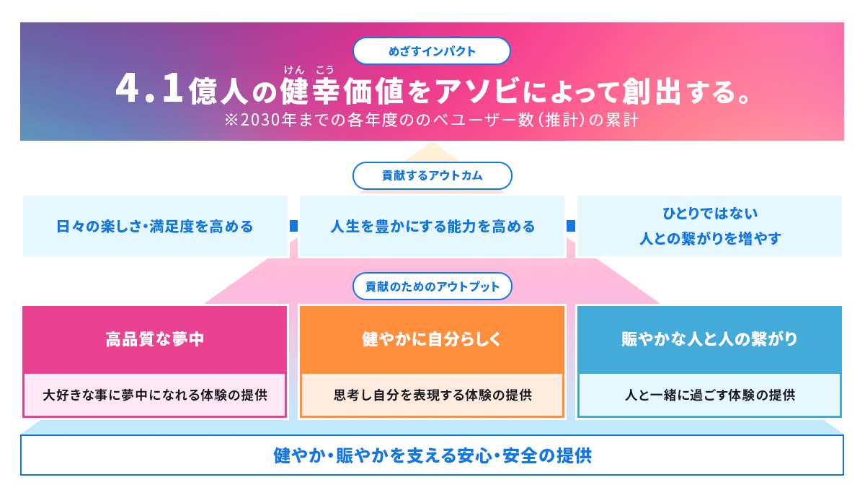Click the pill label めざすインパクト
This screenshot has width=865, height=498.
tap(432, 51)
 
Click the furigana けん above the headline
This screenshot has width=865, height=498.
tap(293, 69)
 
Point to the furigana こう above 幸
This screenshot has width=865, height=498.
tap(324, 69)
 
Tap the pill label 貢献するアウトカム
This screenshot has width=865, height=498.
tap(432, 175)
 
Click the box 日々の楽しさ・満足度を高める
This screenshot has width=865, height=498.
tap(155, 227)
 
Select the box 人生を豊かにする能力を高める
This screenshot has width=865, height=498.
tap(432, 227)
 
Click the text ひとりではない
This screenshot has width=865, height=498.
tap(710, 214)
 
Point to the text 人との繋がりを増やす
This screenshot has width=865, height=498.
tap(710, 238)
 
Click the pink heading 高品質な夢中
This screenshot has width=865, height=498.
tap(155, 339)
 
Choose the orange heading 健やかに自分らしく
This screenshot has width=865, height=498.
tap(432, 339)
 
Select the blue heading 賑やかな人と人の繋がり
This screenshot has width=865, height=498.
tap(709, 339)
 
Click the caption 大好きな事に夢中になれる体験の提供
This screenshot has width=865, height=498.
tap(155, 396)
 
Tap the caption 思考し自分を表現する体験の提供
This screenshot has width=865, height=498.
tap(432, 396)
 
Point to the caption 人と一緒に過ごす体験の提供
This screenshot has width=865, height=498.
tap(709, 396)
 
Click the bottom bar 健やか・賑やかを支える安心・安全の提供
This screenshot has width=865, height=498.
tap(432, 456)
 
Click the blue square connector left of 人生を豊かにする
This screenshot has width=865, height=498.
tap(293, 226)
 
